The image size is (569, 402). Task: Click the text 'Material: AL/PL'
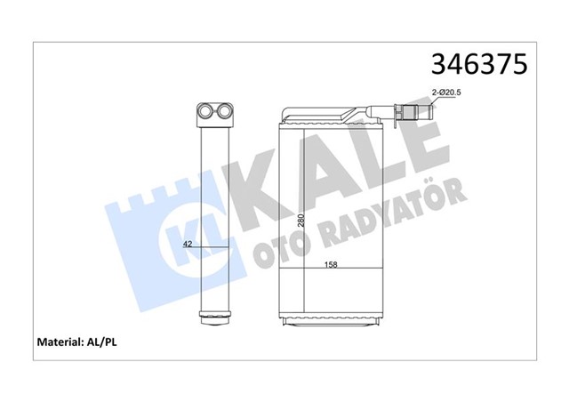click(78, 342)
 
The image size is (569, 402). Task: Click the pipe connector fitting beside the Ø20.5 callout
click(410, 113)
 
